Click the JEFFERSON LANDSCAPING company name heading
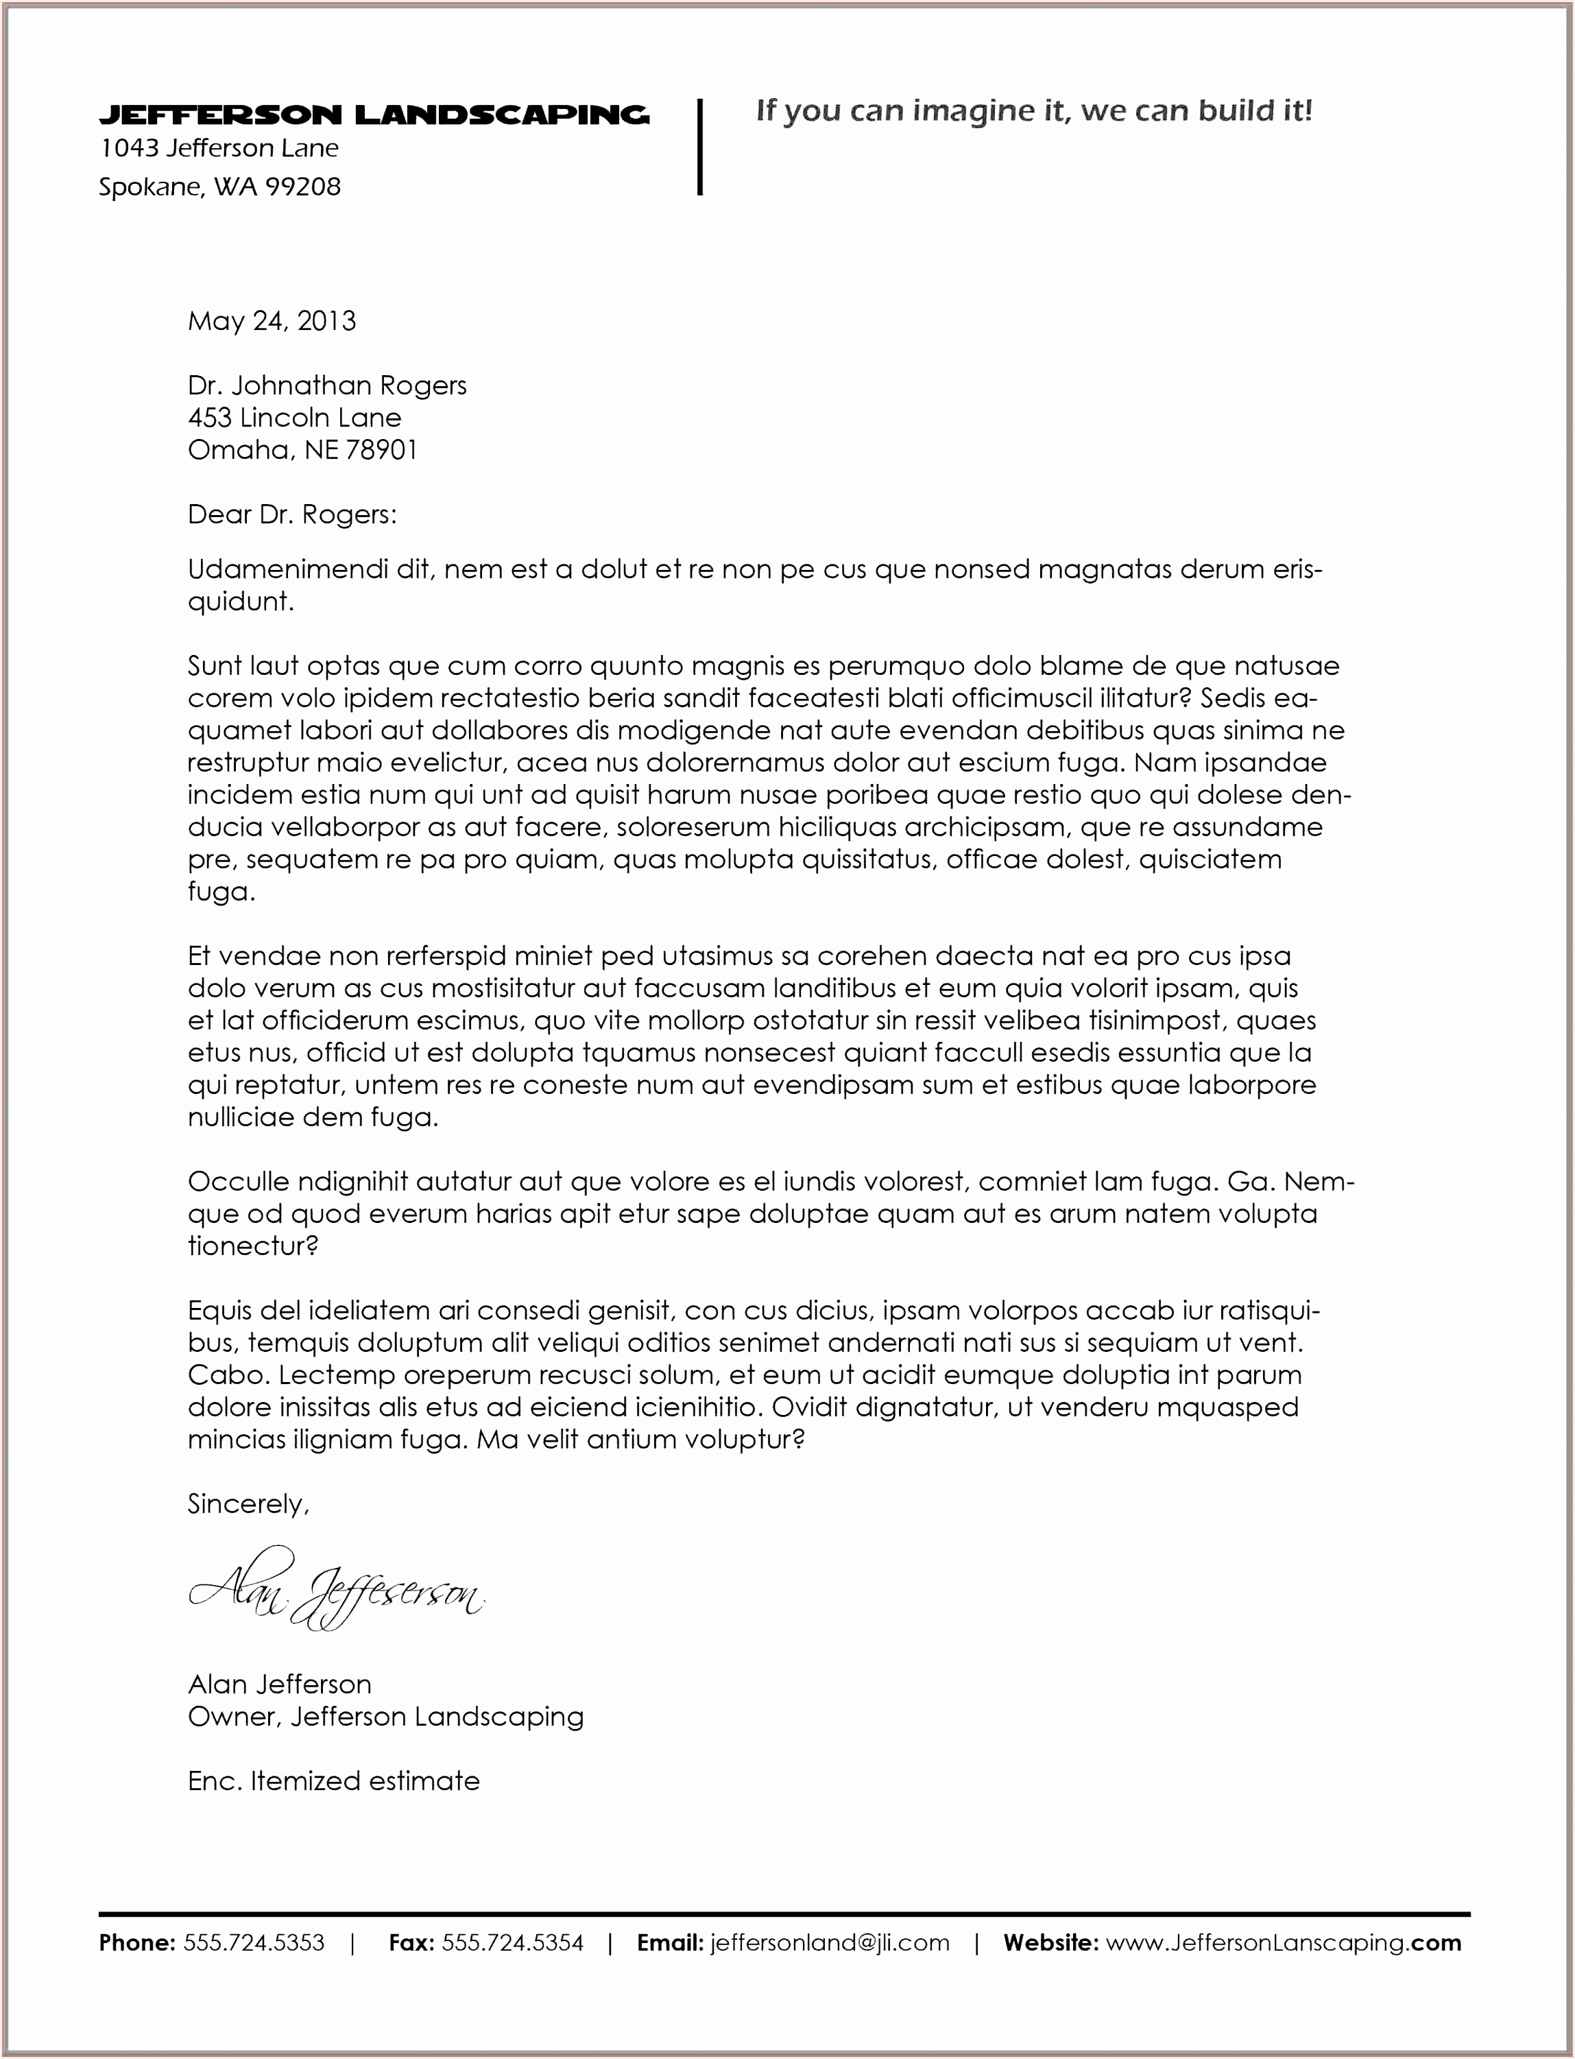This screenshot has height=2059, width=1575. (373, 115)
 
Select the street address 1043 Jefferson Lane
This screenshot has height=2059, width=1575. (219, 148)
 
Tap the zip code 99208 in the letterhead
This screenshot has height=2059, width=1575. (303, 187)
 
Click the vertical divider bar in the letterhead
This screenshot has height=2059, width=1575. (699, 147)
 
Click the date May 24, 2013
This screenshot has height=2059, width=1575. (272, 322)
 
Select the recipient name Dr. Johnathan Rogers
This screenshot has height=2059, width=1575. (326, 385)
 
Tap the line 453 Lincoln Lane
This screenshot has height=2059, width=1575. (293, 417)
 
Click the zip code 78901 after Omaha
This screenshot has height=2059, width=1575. (381, 450)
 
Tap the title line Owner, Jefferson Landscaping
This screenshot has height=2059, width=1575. (385, 1717)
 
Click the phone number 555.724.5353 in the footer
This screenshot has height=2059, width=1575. (253, 1942)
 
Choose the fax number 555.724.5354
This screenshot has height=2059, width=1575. (512, 1942)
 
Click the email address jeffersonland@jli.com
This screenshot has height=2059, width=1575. (830, 1942)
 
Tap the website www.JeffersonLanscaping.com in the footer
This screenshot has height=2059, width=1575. (1282, 1942)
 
